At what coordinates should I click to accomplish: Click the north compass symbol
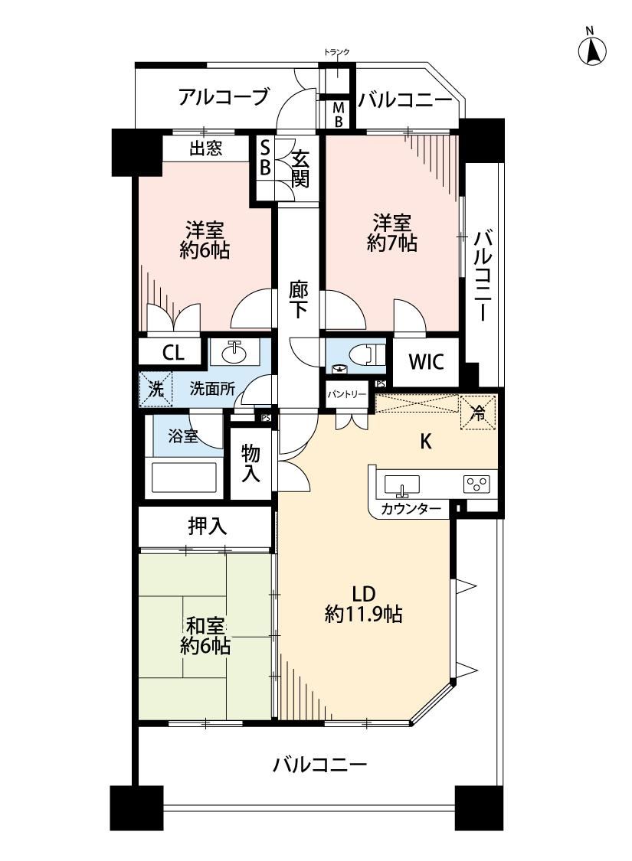pyautogui.click(x=592, y=48)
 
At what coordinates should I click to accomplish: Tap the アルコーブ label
pyautogui.click(x=224, y=96)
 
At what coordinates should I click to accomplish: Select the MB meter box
pyautogui.click(x=338, y=114)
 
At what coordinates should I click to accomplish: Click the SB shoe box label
pyautogui.click(x=264, y=158)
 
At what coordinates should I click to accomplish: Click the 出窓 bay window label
pyautogui.click(x=205, y=148)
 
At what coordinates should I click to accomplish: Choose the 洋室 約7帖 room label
pyautogui.click(x=392, y=233)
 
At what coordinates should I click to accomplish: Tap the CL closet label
pyautogui.click(x=173, y=353)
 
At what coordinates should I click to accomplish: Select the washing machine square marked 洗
pyautogui.click(x=156, y=390)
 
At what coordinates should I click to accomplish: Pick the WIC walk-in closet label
pyautogui.click(x=426, y=362)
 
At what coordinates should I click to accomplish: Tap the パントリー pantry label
pyautogui.click(x=347, y=394)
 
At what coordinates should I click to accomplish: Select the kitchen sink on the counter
pyautogui.click(x=401, y=485)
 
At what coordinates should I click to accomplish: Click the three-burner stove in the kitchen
pyautogui.click(x=476, y=484)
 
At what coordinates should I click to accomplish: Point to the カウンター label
pyautogui.click(x=411, y=509)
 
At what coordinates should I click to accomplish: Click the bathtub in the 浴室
pyautogui.click(x=184, y=477)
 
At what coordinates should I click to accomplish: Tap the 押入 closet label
pyautogui.click(x=207, y=527)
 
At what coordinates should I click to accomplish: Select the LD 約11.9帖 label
pyautogui.click(x=363, y=604)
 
